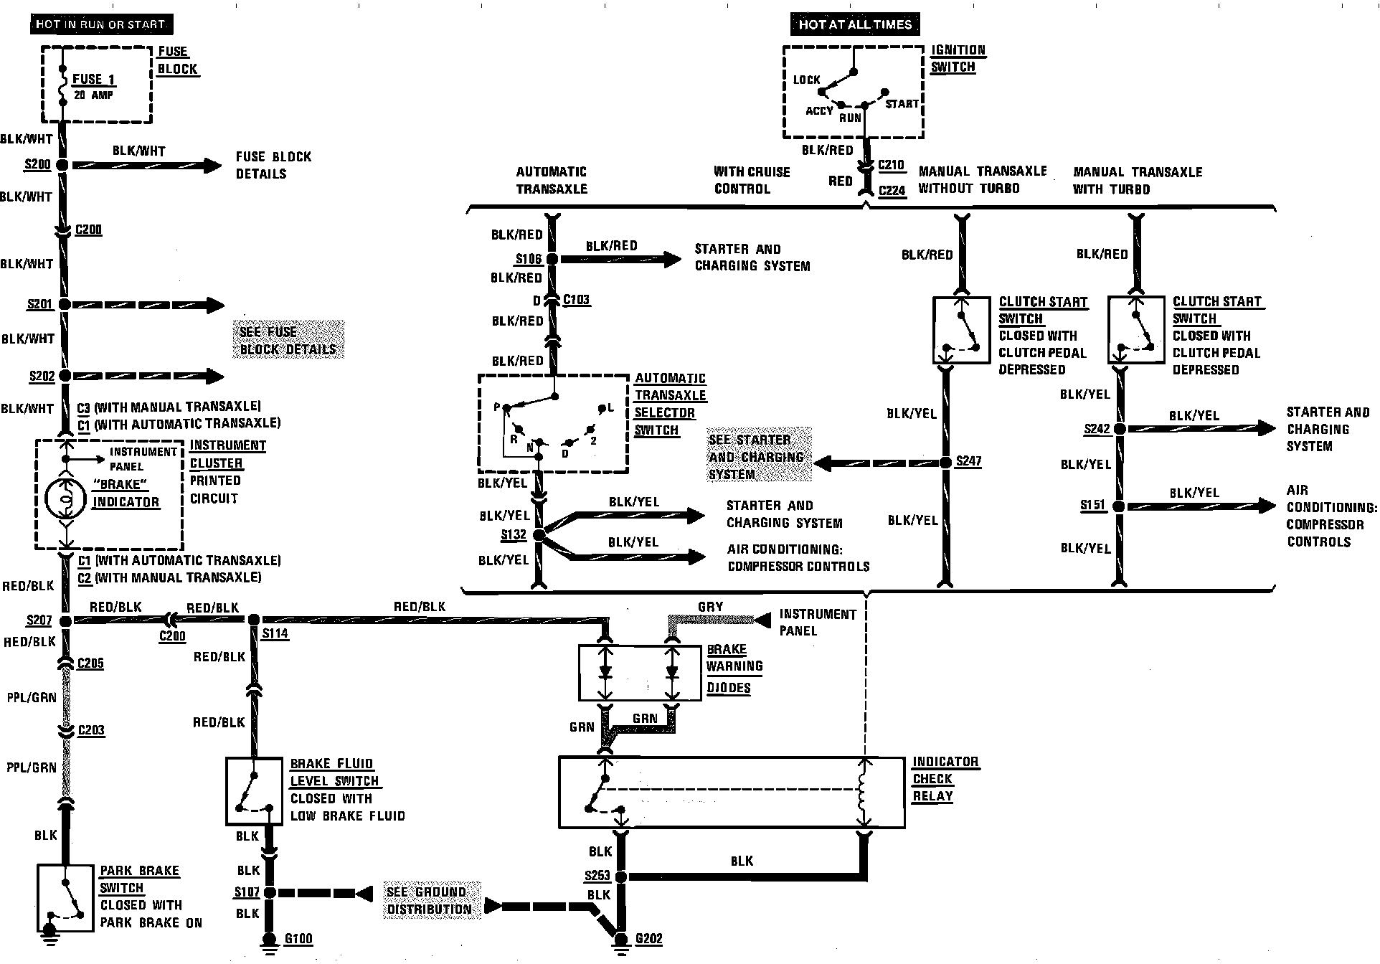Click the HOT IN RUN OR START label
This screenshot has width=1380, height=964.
100,24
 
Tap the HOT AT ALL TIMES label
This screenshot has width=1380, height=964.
855,24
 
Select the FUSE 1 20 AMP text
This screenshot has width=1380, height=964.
94,85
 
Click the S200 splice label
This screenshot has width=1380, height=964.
38,164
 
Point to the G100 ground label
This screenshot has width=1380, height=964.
298,939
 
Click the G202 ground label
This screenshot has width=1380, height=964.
648,939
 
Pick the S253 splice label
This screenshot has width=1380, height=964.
597,876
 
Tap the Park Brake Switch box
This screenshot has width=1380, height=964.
65,897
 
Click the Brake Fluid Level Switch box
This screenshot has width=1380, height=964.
254,791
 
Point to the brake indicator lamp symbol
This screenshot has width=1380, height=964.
65,496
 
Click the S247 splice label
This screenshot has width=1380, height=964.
968,461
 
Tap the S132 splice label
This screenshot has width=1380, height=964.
514,535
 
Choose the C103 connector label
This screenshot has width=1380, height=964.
576,300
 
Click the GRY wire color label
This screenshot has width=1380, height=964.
711,607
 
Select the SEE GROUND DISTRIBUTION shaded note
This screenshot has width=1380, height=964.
429,900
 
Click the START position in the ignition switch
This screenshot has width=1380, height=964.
902,104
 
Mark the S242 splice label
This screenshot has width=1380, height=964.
1097,429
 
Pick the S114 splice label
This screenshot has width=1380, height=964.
275,633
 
